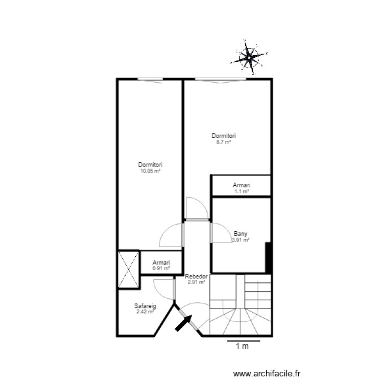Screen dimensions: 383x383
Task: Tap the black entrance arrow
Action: click(183, 323)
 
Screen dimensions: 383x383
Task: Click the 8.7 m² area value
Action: click(224, 142)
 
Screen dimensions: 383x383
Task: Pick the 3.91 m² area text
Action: click(241, 240)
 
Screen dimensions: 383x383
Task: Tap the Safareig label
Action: click(145, 306)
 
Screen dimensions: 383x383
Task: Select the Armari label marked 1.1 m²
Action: click(241, 185)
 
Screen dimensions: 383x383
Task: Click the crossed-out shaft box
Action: click(128, 269)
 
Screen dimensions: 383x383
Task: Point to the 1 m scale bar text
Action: click(242, 347)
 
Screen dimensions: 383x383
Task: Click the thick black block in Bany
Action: click(268, 258)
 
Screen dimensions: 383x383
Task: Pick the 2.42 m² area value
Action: click(145, 311)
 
